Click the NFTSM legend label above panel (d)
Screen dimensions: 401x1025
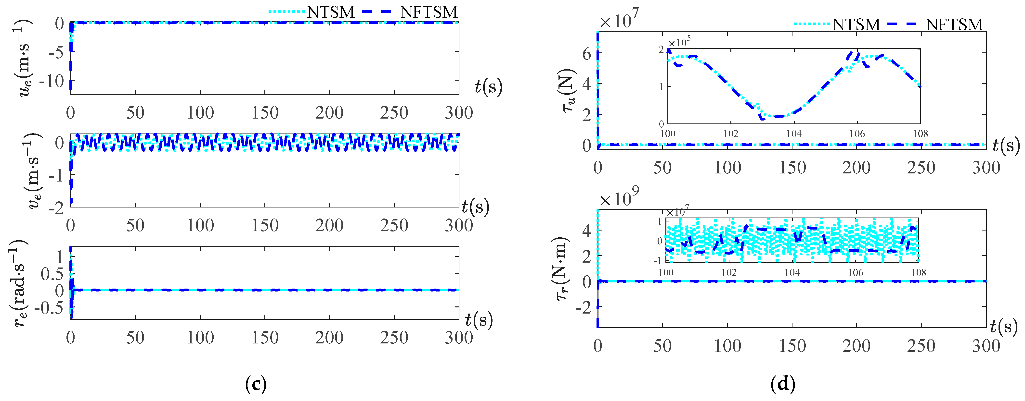[954, 25]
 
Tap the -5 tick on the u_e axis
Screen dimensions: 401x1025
[56, 52]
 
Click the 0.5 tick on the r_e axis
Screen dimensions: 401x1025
[52, 274]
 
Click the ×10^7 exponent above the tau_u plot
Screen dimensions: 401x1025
[619, 20]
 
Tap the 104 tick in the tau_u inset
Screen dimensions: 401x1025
[794, 134]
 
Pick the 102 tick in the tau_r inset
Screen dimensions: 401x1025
[729, 273]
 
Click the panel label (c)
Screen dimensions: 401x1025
[256, 384]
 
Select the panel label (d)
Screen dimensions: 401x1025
[783, 384]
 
